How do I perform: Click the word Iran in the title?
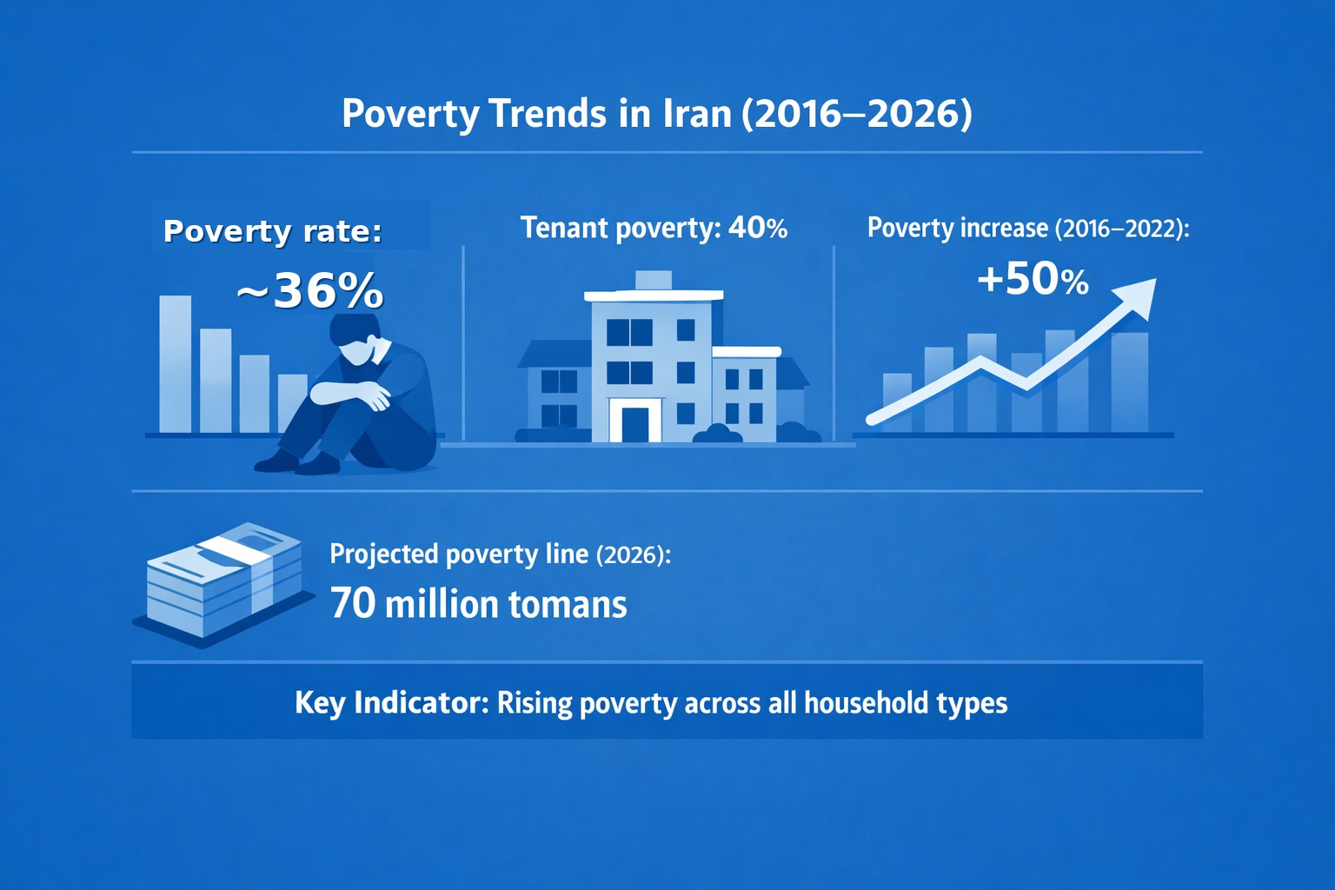[x=697, y=113]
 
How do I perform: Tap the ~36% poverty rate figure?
[x=310, y=290]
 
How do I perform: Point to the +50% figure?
[x=1033, y=279]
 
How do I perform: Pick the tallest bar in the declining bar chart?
[x=176, y=363]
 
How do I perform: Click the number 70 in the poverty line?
[x=353, y=603]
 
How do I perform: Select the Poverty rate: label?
[x=273, y=231]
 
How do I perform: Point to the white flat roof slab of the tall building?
[x=654, y=296]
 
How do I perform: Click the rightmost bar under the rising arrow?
[x=1130, y=382]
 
